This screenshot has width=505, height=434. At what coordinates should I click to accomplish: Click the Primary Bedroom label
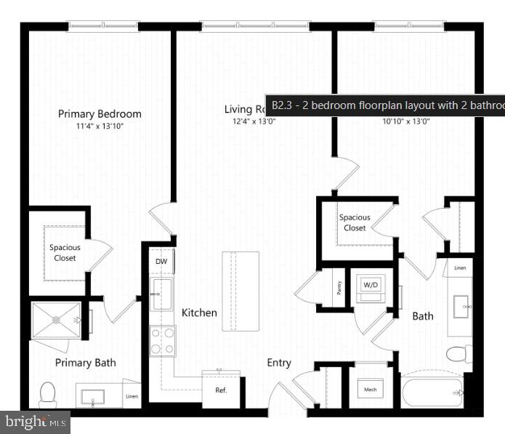[x=100, y=113]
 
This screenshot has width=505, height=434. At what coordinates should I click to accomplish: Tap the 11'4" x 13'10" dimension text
[x=100, y=126]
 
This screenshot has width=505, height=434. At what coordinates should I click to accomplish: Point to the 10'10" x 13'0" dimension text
[x=405, y=121]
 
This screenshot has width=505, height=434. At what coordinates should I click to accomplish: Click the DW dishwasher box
[x=161, y=260]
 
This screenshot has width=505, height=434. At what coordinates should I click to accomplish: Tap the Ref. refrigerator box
[x=221, y=390]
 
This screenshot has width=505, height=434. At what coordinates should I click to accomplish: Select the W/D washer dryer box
[x=370, y=285]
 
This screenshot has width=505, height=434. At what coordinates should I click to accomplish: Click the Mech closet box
[x=370, y=390]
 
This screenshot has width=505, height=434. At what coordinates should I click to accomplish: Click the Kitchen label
[x=199, y=313]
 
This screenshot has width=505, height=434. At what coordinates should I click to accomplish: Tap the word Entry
[x=279, y=363]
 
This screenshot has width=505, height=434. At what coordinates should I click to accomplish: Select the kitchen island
[x=241, y=291]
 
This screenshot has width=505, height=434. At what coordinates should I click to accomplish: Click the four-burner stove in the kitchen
[x=162, y=340]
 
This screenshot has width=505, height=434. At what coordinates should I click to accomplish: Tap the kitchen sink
[x=161, y=294]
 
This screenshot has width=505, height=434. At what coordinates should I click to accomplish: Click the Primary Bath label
[x=85, y=363]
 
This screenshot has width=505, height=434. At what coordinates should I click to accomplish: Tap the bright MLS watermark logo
[x=36, y=422]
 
